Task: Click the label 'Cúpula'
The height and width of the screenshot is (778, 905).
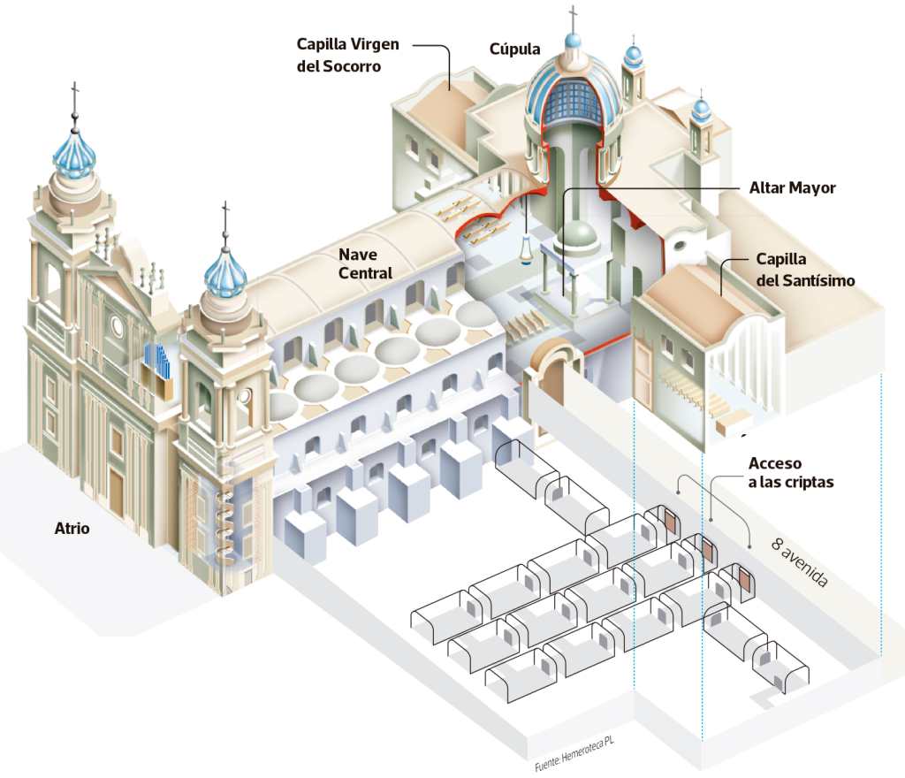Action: (x=514, y=49)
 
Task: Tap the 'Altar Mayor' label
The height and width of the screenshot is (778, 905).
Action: (x=792, y=187)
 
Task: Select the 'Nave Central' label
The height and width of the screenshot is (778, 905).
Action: (x=365, y=263)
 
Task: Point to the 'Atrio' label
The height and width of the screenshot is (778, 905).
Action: (x=72, y=529)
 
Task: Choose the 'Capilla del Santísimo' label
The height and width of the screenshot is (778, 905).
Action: (x=805, y=270)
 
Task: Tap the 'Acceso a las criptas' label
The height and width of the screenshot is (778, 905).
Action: (x=790, y=472)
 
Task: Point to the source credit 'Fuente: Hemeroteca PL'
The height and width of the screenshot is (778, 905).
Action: (x=574, y=752)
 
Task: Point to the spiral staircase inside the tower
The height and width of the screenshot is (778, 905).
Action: (x=223, y=522)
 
